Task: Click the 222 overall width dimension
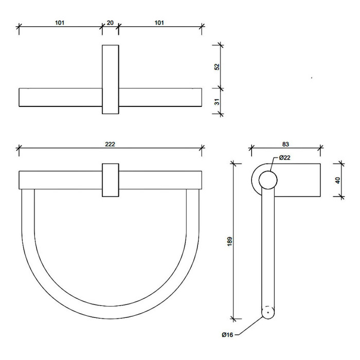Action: [110, 144]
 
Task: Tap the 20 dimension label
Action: [110, 23]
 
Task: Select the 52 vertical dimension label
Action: [217, 67]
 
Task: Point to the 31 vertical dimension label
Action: [217, 101]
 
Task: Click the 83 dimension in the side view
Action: [285, 144]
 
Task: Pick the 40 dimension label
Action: [337, 180]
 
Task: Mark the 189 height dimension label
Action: [229, 242]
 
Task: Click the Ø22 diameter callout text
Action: [285, 158]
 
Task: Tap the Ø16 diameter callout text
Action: [227, 335]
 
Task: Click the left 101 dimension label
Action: [60, 23]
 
